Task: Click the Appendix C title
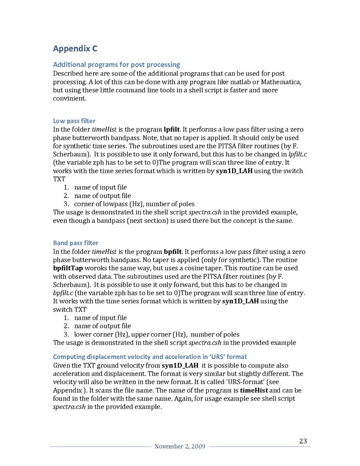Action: pos(75,49)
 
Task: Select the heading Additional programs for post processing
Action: pos(117,65)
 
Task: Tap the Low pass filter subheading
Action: pos(74,121)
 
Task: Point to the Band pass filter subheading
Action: pos(76,243)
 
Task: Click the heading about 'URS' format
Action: pos(150,357)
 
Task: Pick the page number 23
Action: pos(303,441)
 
